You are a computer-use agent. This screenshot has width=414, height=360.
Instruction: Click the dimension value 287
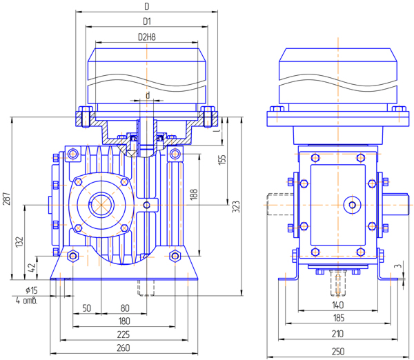coord(7,199)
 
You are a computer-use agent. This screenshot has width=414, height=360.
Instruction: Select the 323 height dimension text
coord(236,207)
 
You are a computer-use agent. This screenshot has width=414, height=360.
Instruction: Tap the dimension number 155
coord(223,160)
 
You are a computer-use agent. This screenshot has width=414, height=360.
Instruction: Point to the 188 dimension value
coord(194,194)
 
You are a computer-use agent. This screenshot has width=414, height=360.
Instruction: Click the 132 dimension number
coord(20,242)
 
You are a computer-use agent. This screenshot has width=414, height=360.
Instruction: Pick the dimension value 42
coord(32,268)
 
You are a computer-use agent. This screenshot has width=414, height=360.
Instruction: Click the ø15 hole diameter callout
coord(32,290)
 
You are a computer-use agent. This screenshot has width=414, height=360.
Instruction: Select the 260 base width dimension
coord(124,348)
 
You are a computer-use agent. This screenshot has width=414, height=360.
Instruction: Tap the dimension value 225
coord(124,334)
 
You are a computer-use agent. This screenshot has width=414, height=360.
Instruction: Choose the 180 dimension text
coord(124,321)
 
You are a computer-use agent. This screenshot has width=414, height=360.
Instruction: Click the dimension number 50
coord(87,308)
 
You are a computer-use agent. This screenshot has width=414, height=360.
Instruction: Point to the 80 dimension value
coord(125,308)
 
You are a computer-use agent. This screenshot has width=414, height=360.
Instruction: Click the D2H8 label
coord(147,37)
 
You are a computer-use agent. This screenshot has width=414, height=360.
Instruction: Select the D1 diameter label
coord(147,21)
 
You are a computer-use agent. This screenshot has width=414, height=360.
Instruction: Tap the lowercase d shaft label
coord(148,95)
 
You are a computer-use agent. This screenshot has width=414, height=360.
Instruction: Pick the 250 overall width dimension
coord(338,352)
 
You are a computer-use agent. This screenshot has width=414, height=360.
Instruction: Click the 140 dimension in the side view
coord(337,305)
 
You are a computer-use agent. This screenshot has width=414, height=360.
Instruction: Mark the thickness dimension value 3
coord(400,266)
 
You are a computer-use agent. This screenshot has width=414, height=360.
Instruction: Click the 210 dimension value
coord(337,334)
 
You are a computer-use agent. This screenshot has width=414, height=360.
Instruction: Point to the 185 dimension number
coord(339,318)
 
